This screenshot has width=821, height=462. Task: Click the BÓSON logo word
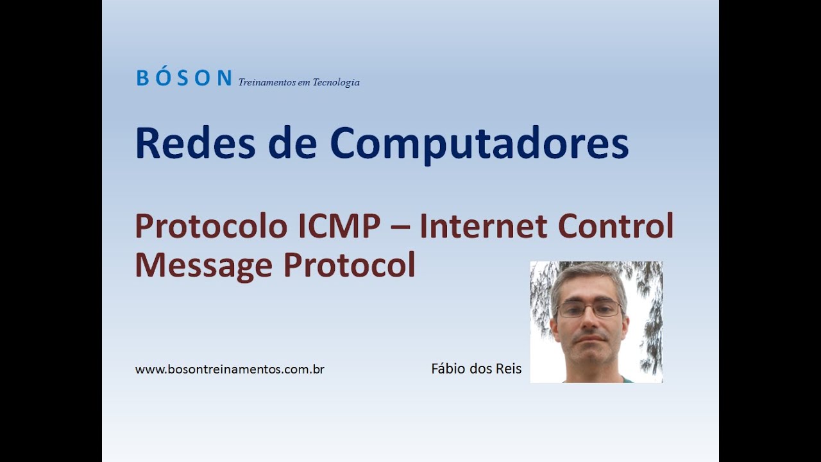[183, 78]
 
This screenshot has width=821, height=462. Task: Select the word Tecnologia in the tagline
[336, 83]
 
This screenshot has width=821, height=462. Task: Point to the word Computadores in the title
[479, 144]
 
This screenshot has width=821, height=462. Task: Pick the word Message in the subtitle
[203, 264]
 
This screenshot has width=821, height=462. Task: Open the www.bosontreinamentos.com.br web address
[230, 370]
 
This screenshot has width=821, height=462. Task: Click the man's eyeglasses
[589, 309]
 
